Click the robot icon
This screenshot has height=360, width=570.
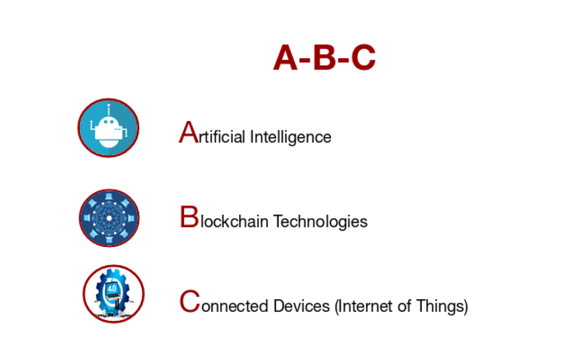pyautogui.click(x=108, y=128)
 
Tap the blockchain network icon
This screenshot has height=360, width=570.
pyautogui.click(x=109, y=218)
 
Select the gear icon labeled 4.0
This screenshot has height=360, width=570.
pyautogui.click(x=113, y=294)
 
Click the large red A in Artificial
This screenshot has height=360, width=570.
pyautogui.click(x=188, y=132)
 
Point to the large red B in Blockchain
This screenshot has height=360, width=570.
pyautogui.click(x=188, y=217)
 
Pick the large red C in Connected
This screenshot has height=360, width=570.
pyautogui.click(x=189, y=301)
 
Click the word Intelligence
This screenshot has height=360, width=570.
pyautogui.click(x=290, y=137)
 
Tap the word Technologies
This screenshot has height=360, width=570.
pyautogui.click(x=320, y=221)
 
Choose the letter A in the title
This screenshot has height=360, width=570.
pyautogui.click(x=286, y=58)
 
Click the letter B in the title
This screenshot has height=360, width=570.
pyautogui.click(x=324, y=58)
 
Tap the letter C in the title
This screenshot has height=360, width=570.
pyautogui.click(x=363, y=58)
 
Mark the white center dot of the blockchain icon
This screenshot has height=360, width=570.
pyautogui.click(x=109, y=218)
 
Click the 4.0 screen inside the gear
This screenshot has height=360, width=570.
pyautogui.click(x=112, y=289)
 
